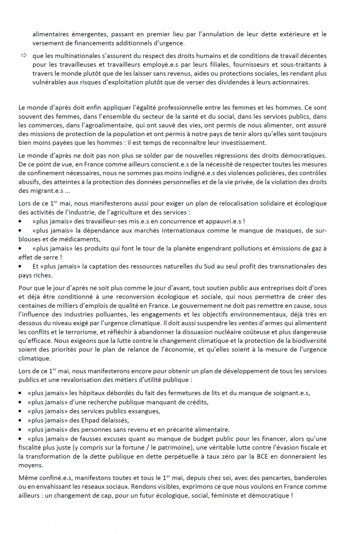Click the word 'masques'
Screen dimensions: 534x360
tap(295, 230)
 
